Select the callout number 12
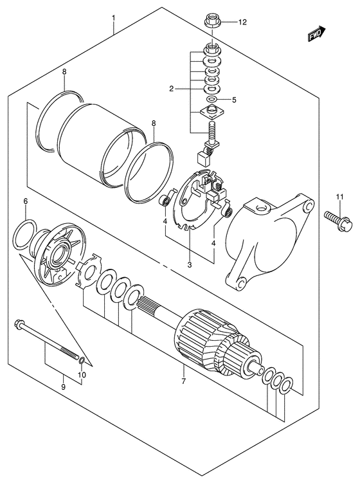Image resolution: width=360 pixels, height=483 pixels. pyautogui.click(x=242, y=23)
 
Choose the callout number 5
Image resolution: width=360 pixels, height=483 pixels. pyautogui.click(x=234, y=100)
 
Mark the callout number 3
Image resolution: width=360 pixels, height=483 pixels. pyautogui.click(x=190, y=264)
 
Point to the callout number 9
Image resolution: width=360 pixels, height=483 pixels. pyautogui.click(x=63, y=387)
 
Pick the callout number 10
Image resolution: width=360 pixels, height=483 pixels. pyautogui.click(x=82, y=375)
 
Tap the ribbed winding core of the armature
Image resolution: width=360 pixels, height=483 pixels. pyautogui.click(x=202, y=333)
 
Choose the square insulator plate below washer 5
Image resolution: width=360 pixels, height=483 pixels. pyautogui.click(x=212, y=113)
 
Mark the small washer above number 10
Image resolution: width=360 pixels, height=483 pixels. pyautogui.click(x=82, y=358)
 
